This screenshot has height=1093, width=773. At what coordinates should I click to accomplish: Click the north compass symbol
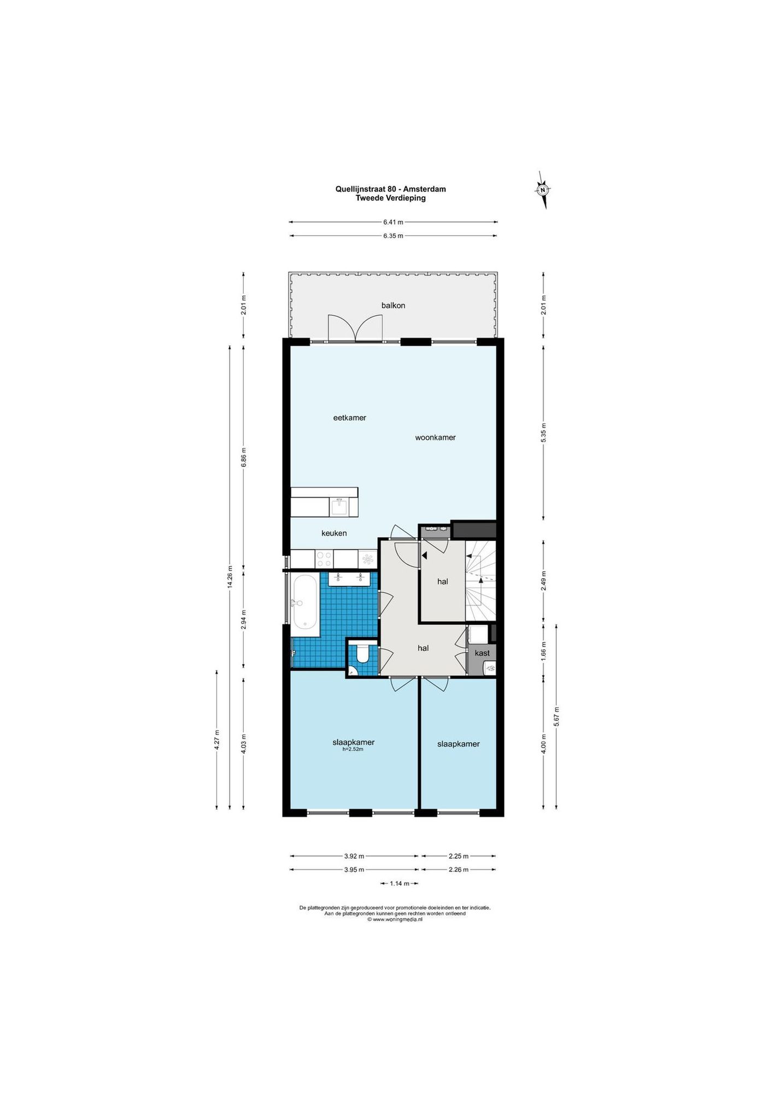pyautogui.click(x=543, y=190)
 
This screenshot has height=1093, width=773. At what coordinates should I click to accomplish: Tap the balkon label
pyautogui.click(x=393, y=305)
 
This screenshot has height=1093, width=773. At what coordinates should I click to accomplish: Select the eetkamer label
pyautogui.click(x=350, y=418)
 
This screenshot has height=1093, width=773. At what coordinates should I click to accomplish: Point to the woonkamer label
pyautogui.click(x=435, y=438)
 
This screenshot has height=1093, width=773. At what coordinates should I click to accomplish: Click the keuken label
pyautogui.click(x=334, y=533)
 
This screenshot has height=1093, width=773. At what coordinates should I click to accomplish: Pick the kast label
pyautogui.click(x=482, y=653)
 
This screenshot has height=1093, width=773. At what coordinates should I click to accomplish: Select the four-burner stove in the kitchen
pyautogui.click(x=324, y=559)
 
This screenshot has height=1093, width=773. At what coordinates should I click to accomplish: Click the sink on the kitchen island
pyautogui.click(x=339, y=507)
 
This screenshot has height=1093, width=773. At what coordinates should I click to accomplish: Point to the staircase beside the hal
pyautogui.click(x=481, y=581)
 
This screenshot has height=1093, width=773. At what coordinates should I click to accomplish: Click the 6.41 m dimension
pyautogui.click(x=393, y=222)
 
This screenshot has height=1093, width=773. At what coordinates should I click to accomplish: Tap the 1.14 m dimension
pyautogui.click(x=399, y=883)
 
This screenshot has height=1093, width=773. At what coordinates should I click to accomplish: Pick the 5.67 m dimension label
pyautogui.click(x=557, y=716)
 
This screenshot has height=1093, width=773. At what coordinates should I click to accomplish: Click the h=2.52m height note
pyautogui.click(x=353, y=749)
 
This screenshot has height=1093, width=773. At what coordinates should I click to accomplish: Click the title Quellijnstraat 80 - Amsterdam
pyautogui.click(x=390, y=189)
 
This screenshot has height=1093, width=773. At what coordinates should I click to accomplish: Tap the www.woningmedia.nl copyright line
pyautogui.click(x=395, y=919)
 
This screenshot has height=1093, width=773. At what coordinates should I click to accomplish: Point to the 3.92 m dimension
pyautogui.click(x=354, y=856)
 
